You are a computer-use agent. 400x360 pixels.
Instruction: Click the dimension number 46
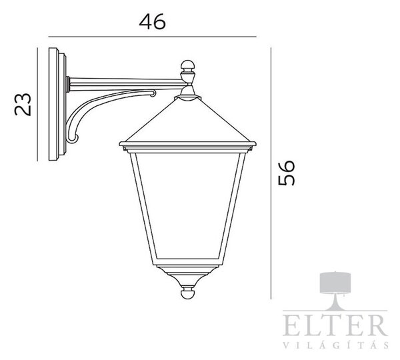152,21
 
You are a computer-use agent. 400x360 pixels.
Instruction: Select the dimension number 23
23,105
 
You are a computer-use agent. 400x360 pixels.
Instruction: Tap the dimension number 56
286,173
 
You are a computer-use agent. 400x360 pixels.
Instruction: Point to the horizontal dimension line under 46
152,37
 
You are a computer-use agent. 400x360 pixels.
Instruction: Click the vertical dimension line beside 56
271,173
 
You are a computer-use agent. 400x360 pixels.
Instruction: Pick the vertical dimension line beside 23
37,105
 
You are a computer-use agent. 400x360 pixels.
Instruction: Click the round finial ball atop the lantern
188,65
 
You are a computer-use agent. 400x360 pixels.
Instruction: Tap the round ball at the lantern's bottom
188,293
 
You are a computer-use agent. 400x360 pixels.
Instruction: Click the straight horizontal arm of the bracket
125,84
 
